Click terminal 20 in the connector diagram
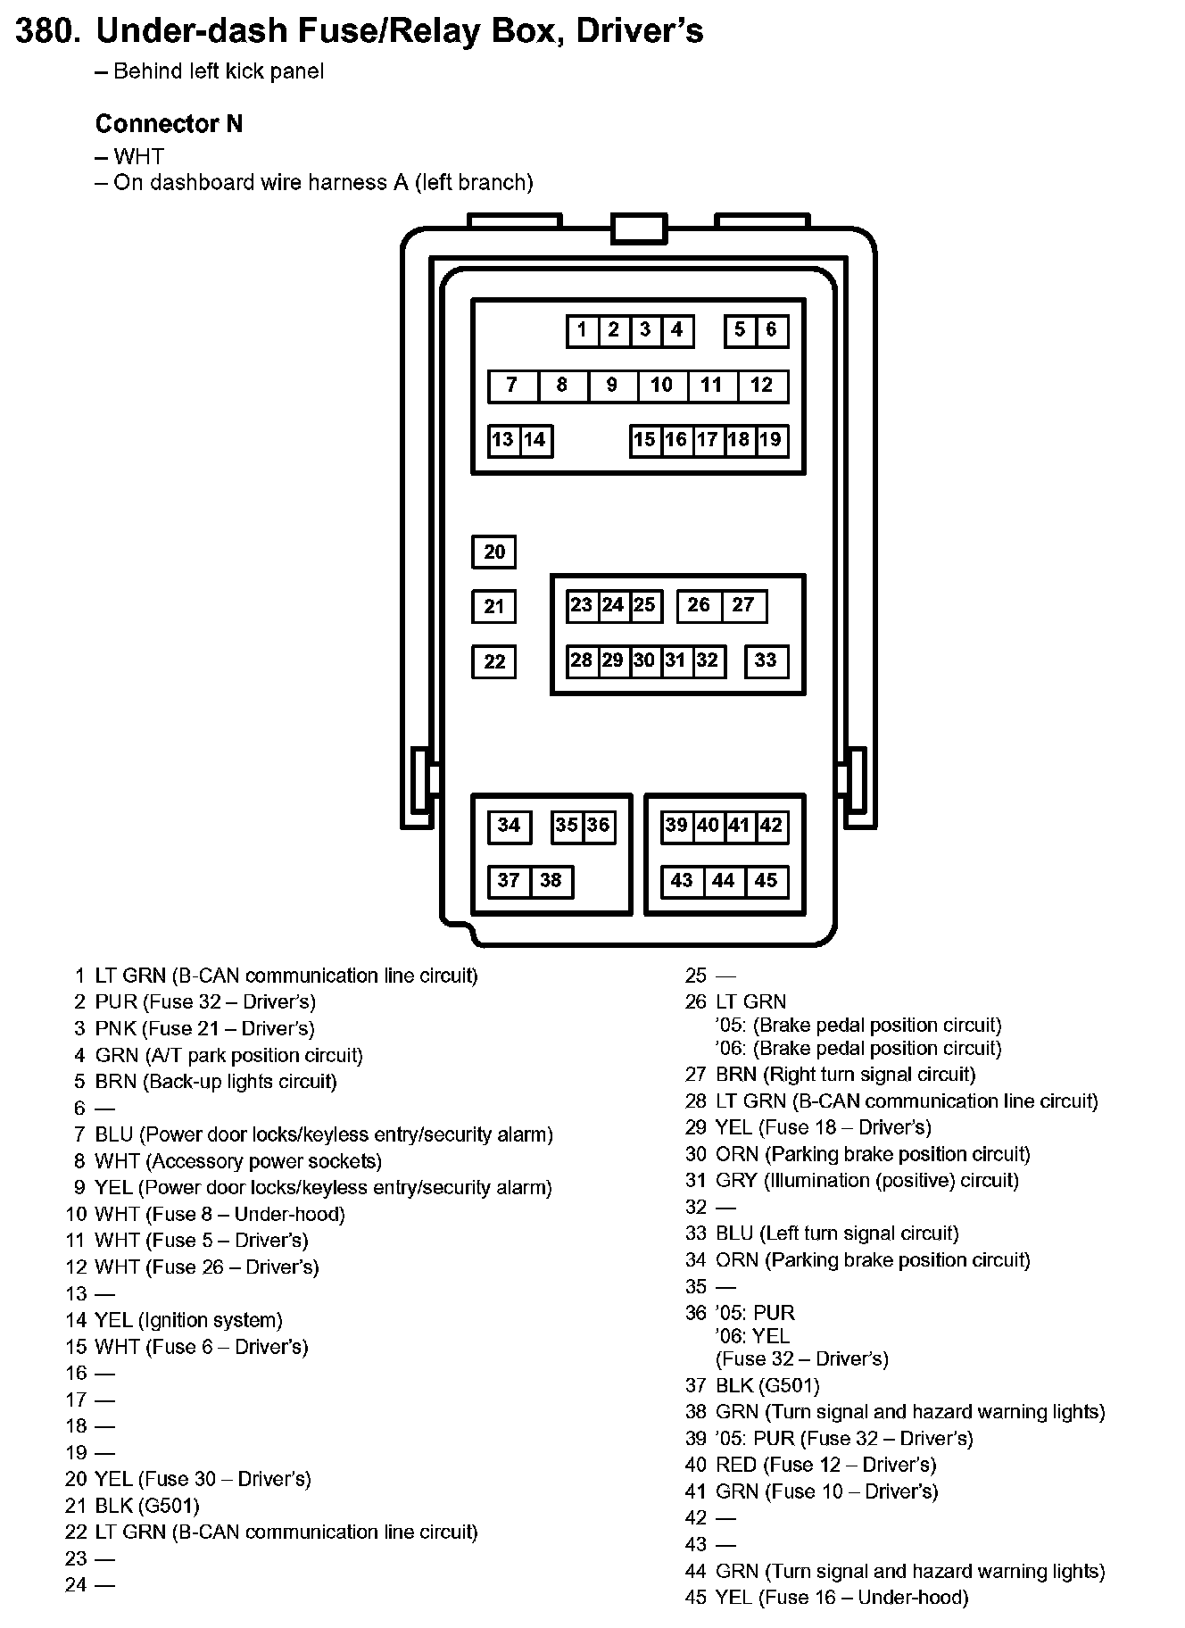[493, 552]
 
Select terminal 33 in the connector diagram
[766, 660]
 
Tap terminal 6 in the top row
[772, 330]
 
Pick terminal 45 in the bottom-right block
[766, 881]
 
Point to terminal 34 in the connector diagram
[509, 826]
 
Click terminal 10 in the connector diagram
[661, 386]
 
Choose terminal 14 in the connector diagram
[534, 440]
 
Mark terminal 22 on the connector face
[493, 662]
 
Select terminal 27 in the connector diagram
[743, 606]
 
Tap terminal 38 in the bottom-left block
[551, 881]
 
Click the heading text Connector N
[169, 124]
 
